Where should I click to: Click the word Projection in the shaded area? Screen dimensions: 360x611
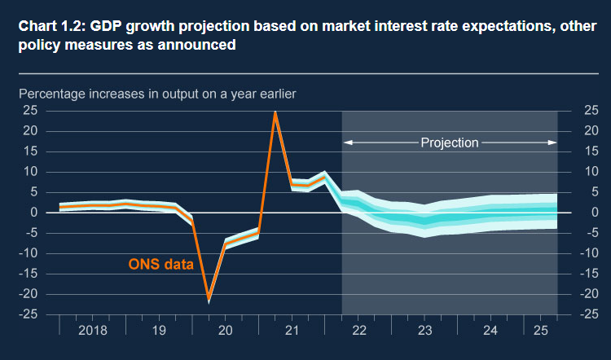tap(450, 143)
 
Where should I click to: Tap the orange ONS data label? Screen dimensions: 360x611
tap(160, 264)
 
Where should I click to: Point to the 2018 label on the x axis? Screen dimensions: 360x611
tap(92, 331)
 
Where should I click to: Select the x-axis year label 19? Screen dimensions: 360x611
tap(159, 331)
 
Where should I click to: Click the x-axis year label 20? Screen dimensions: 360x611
tap(226, 331)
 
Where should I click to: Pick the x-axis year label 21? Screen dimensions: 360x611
tap(292, 331)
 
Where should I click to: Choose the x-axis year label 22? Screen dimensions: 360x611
tap(358, 331)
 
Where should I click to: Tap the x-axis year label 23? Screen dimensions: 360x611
tap(424, 331)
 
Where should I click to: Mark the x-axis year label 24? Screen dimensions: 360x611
tap(491, 331)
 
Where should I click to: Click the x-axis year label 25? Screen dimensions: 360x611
tap(541, 331)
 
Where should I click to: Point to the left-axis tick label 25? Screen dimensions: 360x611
tap(30, 111)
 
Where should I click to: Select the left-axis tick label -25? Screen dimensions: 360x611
tap(27, 314)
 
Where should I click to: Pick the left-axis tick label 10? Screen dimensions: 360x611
tap(30, 172)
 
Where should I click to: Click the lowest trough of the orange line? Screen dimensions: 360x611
tap(209, 298)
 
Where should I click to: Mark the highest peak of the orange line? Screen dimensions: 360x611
tap(275, 112)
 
